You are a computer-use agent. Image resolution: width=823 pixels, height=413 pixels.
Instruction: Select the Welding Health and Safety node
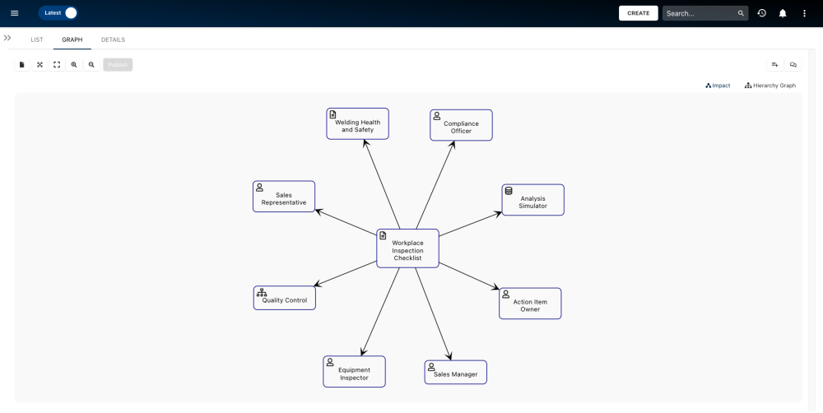(x=357, y=124)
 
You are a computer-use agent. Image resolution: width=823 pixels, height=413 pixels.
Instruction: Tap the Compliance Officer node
(x=461, y=126)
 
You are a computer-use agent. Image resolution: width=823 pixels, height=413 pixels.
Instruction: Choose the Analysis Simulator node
(x=532, y=201)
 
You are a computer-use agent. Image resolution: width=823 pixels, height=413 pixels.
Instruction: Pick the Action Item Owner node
(x=529, y=304)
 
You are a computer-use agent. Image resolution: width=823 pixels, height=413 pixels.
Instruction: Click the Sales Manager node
(x=455, y=373)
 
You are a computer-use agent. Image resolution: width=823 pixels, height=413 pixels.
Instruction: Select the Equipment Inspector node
(x=354, y=372)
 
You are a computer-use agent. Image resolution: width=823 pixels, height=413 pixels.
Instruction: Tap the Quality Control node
(x=284, y=299)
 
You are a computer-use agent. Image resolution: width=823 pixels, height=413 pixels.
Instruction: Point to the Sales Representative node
(x=283, y=197)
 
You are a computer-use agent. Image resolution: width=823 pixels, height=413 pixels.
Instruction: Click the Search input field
(x=699, y=13)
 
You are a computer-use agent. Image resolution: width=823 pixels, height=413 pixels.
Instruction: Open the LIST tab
(x=37, y=39)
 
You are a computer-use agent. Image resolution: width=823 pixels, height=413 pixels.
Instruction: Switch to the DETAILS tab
(x=113, y=39)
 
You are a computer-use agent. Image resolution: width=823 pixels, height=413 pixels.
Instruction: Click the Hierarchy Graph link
(x=770, y=86)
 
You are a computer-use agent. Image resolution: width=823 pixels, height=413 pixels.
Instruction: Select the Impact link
(x=718, y=86)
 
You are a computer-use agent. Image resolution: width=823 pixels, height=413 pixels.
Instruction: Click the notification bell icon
(x=783, y=13)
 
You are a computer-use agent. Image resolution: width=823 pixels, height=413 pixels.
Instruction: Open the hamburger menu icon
(x=14, y=13)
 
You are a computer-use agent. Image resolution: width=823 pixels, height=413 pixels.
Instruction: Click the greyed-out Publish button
(x=118, y=64)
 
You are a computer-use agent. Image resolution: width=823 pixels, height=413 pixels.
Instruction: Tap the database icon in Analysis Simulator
(x=509, y=191)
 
